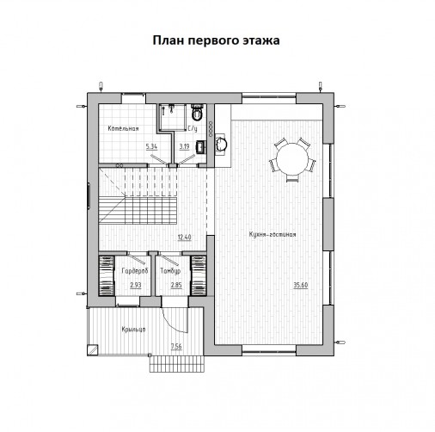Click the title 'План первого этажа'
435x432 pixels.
[216, 40]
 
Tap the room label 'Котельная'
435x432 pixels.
[123, 128]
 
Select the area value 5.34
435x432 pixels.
[151, 146]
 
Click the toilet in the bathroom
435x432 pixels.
[197, 114]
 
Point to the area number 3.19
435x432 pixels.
[184, 146]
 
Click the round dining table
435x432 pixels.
[292, 158]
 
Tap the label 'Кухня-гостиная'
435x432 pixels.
[273, 234]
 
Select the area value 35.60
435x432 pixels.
[301, 285]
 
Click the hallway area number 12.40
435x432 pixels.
[184, 238]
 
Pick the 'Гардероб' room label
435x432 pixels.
[135, 271]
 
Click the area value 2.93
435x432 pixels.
[136, 285]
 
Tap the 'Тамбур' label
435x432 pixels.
[170, 271]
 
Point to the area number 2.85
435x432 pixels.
[176, 285]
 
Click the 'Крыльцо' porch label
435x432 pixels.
[133, 330]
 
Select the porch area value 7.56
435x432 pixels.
[176, 347]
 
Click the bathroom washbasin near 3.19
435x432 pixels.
[201, 147]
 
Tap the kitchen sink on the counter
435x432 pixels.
[221, 144]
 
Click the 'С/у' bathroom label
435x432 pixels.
[193, 128]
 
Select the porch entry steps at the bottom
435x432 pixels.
[177, 364]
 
